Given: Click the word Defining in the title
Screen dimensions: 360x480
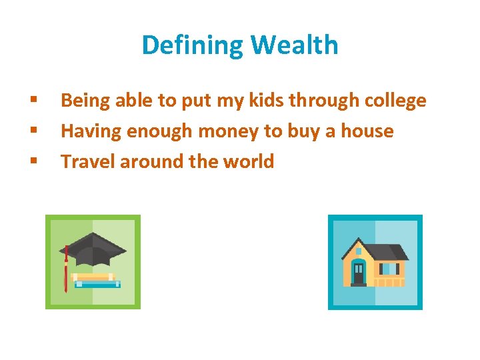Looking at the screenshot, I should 193,45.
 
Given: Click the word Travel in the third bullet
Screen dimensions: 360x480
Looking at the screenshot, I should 86,161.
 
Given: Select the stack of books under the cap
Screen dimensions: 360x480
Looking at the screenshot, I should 97,279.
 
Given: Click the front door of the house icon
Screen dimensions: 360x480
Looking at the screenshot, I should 359,272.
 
